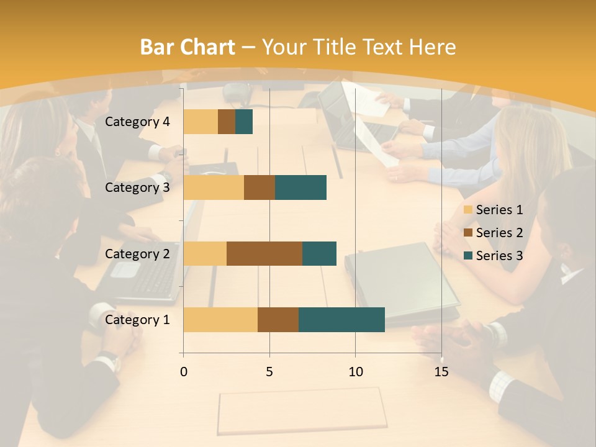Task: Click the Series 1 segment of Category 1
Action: click(x=220, y=320)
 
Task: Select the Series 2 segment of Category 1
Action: click(x=278, y=320)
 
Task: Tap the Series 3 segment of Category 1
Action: click(x=341, y=320)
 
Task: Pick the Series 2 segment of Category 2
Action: click(x=264, y=253)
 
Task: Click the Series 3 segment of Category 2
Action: click(x=319, y=253)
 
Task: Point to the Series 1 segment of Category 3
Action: click(x=214, y=187)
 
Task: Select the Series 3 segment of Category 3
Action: click(x=300, y=187)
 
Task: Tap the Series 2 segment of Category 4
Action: click(x=227, y=122)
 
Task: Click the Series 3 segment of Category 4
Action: click(x=244, y=122)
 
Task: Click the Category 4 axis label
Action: click(x=137, y=122)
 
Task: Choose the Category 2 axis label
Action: click(x=137, y=253)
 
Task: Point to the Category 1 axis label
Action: click(x=137, y=320)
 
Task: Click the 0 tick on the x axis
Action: click(x=183, y=372)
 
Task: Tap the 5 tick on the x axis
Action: click(x=269, y=372)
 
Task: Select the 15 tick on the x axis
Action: click(x=441, y=372)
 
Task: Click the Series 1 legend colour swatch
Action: click(x=467, y=210)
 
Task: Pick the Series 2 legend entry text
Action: click(x=499, y=233)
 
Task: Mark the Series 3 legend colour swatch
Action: click(x=467, y=256)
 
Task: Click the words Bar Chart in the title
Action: click(x=187, y=47)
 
